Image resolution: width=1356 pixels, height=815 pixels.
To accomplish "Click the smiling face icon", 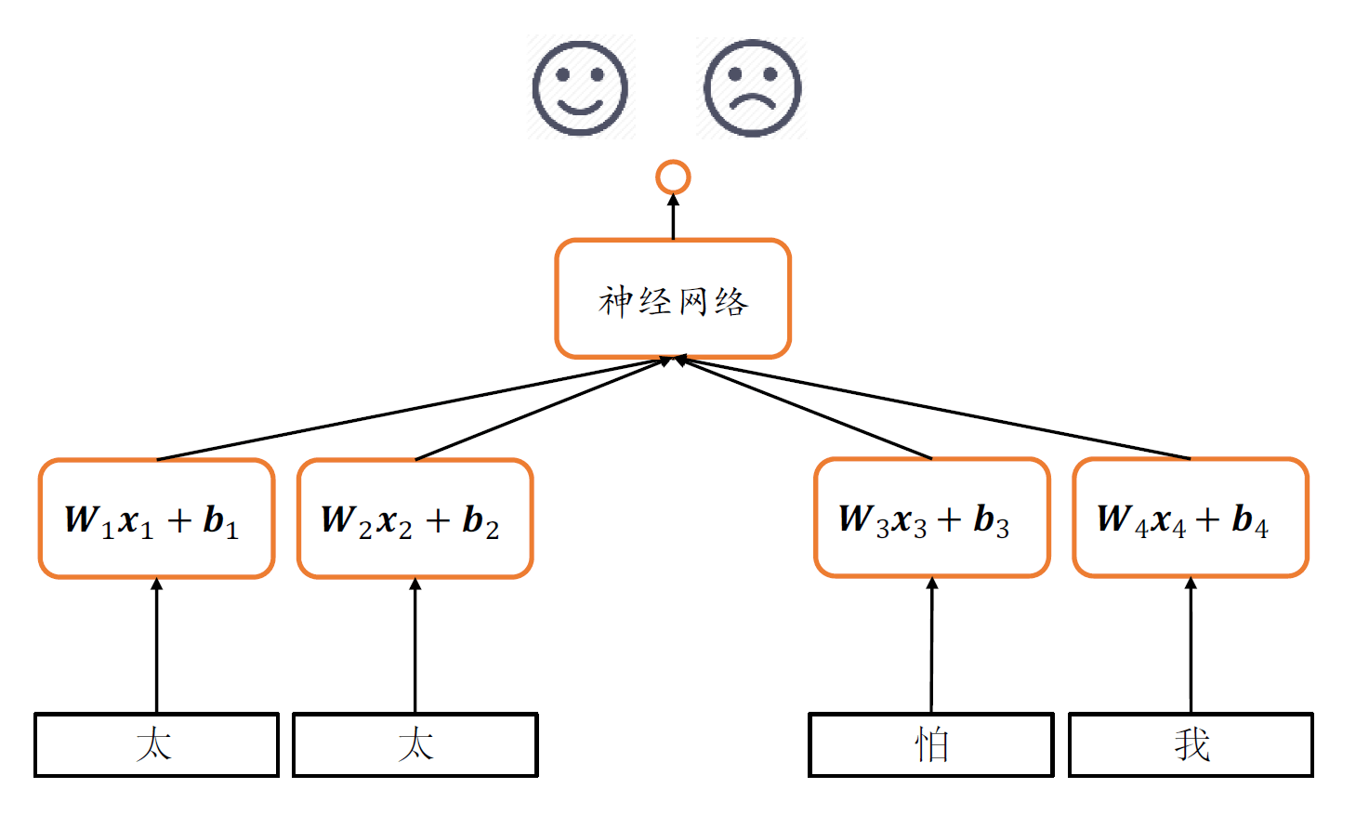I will click(580, 88).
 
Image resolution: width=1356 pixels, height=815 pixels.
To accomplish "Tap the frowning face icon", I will click(752, 88).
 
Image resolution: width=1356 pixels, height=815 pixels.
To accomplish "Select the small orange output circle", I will click(673, 177).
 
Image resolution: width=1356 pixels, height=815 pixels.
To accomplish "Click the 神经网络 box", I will click(673, 298).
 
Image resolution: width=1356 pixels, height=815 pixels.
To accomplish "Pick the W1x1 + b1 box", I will click(156, 519).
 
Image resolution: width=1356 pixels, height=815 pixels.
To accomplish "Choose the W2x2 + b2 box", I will click(415, 519).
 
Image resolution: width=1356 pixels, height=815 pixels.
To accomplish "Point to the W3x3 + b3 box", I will click(932, 518).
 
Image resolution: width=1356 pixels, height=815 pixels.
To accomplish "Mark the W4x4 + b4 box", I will click(1191, 518).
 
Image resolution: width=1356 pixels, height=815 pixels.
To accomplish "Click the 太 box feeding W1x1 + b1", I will click(156, 744).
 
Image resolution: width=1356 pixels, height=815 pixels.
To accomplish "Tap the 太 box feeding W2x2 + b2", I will click(415, 744).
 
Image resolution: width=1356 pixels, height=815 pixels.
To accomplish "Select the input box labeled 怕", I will click(931, 744).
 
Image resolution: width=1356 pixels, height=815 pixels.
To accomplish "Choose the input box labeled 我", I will click(1191, 744).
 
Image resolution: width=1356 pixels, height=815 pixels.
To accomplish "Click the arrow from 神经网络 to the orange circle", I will click(673, 217).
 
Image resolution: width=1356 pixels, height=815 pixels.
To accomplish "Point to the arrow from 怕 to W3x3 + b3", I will click(932, 646).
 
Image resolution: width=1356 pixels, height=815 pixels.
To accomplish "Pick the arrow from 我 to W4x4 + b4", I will click(1191, 646).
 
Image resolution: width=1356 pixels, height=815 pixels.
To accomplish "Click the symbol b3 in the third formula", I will click(991, 520).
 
